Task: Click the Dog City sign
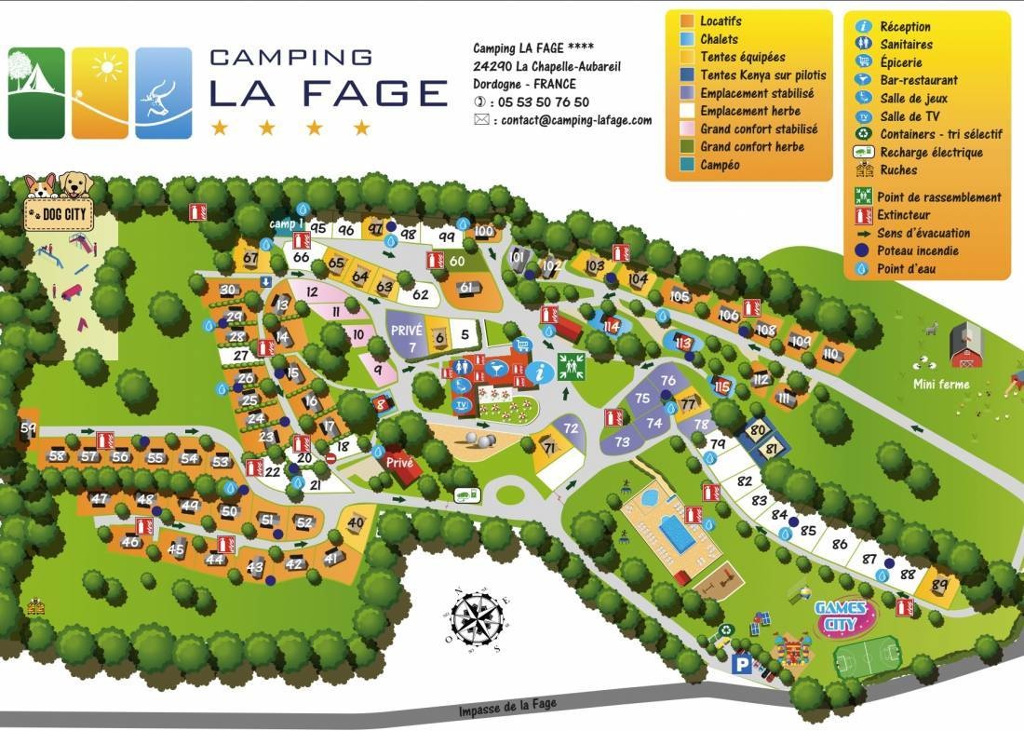58,213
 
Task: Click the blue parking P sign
742,664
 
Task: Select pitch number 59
29,428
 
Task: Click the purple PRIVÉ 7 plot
406,338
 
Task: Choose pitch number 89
939,585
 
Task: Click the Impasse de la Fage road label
507,705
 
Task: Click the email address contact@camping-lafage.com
575,120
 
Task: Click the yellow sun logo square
101,93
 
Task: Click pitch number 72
571,429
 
